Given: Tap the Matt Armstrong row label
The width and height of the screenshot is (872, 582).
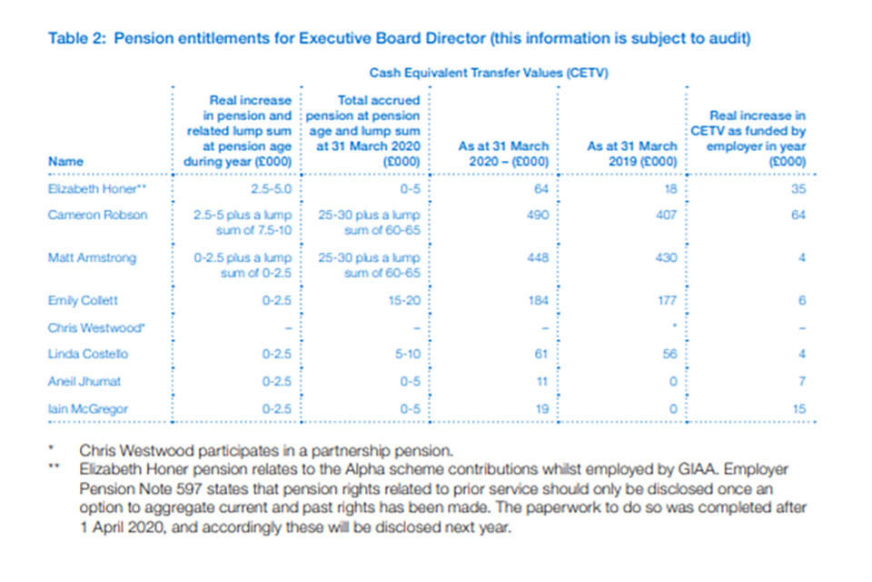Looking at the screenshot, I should coord(92,257).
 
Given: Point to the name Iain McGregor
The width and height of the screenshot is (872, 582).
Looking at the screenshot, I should coord(87,409).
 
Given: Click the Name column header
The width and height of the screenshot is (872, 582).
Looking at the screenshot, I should coord(64,161).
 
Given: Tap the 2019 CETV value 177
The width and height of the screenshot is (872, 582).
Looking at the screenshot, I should coord(666,299).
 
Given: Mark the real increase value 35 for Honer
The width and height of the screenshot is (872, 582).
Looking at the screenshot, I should coord(798,190).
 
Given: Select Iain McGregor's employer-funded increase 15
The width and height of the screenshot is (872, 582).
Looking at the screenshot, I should coord(799,409).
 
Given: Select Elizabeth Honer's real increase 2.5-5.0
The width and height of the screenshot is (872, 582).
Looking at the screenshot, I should coord(269,190).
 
